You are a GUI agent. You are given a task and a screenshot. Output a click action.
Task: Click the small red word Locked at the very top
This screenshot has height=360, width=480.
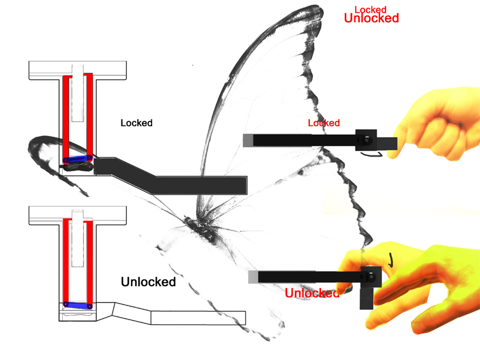(370, 9)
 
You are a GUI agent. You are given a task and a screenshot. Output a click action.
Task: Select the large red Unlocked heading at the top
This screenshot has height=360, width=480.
(371, 18)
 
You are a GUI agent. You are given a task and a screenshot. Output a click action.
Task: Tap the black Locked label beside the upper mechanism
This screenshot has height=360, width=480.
(136, 123)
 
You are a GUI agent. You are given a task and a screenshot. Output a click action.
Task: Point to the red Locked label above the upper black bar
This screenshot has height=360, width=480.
(323, 123)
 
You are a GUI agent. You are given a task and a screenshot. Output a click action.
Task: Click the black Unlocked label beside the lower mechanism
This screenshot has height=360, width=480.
(148, 282)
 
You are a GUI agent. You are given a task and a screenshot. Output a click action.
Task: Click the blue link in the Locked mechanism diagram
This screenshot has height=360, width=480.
(76, 159)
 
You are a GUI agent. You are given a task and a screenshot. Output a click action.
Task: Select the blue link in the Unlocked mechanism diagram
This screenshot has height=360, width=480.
(77, 304)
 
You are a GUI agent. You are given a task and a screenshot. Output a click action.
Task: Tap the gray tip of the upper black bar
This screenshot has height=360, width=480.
(248, 140)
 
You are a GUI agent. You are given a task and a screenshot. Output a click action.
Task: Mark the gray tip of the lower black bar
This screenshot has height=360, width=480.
(253, 277)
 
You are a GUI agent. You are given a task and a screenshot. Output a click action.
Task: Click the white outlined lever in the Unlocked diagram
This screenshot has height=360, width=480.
(176, 315)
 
